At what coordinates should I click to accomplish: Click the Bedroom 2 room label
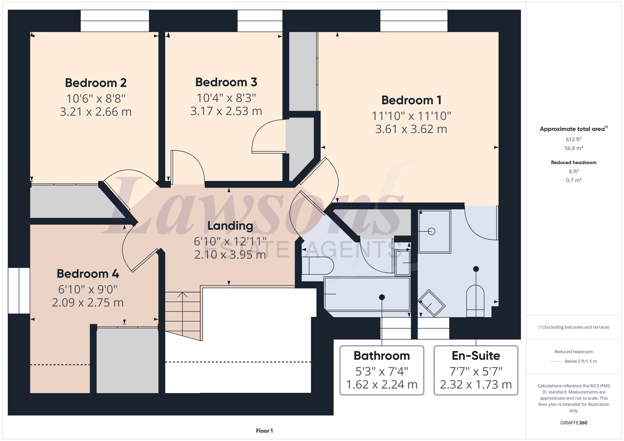[96, 83]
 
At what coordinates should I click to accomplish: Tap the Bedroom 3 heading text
[226, 82]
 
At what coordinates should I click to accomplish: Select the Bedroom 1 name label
[411, 100]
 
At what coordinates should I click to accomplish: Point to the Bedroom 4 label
[88, 274]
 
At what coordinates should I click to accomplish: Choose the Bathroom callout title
[382, 356]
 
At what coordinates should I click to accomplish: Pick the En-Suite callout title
[476, 356]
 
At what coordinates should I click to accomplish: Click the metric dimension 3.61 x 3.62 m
[411, 129]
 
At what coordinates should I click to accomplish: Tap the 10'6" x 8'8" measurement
[96, 99]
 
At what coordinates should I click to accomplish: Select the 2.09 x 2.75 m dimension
[88, 303]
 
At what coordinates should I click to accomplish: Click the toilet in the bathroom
[318, 266]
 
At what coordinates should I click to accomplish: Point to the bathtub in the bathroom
[367, 294]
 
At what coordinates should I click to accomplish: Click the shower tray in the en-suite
[435, 231]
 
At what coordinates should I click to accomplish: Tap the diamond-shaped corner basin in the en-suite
[431, 303]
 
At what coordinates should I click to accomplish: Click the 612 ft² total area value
[574, 139]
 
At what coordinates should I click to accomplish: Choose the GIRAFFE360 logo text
[574, 423]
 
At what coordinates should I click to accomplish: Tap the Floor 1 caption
[264, 431]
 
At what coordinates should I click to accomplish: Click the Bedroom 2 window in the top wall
[115, 21]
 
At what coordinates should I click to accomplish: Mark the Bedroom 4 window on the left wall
[19, 290]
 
